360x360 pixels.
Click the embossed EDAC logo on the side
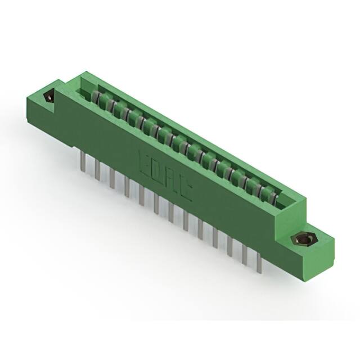pos(164,176)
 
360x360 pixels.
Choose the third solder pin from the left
pos(112,177)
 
